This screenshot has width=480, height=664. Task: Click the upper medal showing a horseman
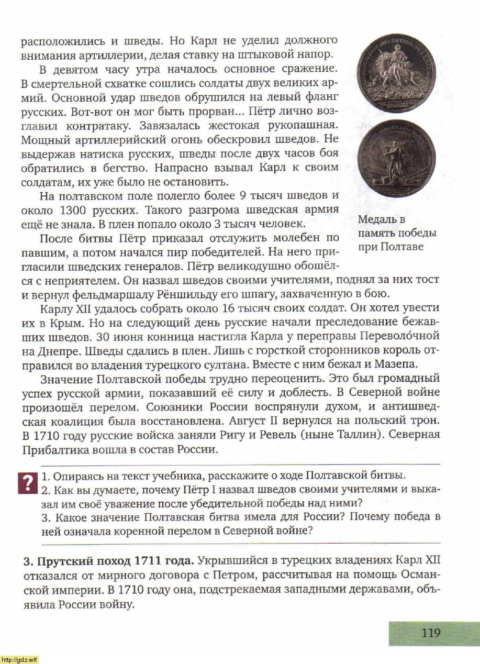(396, 74)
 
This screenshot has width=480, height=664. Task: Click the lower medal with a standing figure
(396, 158)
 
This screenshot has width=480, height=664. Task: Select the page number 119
(431, 633)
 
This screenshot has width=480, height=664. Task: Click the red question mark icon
(26, 482)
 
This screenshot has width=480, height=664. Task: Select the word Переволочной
(407, 335)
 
